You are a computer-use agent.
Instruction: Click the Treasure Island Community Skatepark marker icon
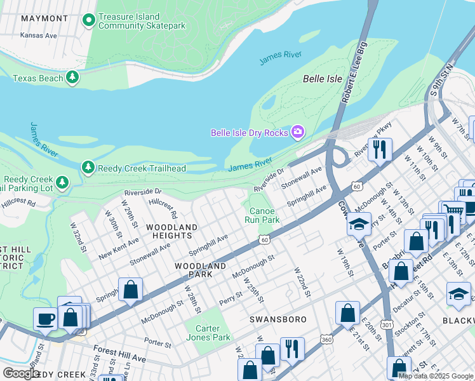point(88,20)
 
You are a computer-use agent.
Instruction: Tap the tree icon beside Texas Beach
point(73,78)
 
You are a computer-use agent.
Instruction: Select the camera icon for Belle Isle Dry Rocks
point(297,132)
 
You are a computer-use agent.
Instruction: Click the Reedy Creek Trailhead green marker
point(88,168)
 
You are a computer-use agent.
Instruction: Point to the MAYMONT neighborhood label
point(44,18)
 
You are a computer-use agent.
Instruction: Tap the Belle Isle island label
point(322,79)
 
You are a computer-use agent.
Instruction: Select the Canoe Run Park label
point(262,215)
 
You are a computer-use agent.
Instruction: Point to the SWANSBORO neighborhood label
point(278,319)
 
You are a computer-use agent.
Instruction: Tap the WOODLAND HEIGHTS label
point(171,231)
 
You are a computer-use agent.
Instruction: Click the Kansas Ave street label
point(38,36)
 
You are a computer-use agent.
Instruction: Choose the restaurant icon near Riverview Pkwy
point(380,149)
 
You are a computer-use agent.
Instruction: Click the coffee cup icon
point(46,318)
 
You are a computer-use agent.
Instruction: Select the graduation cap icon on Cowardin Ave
point(359,224)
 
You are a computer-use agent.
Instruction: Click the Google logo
point(21,373)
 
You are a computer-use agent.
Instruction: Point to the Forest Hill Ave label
point(119,352)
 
